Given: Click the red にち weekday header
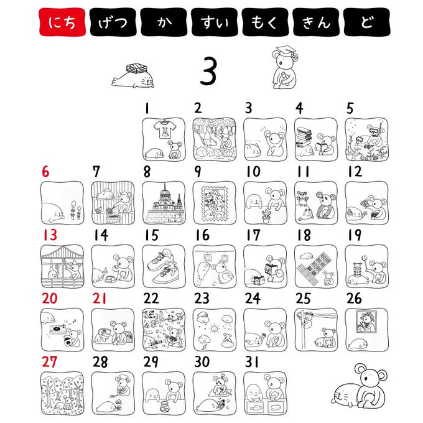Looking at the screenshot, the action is tap(62, 22).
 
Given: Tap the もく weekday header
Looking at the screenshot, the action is tap(265, 22).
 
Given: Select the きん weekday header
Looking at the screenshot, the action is tap(316, 22).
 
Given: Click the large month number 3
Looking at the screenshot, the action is tap(208, 71).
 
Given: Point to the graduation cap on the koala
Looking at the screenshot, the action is tap(286, 50).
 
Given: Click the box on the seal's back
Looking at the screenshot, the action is tap(137, 68).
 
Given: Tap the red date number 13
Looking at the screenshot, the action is tap(50, 235).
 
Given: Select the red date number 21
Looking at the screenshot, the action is tap(100, 299).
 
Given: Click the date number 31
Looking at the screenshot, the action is tap(252, 362).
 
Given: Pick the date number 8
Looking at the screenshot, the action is tap(147, 172).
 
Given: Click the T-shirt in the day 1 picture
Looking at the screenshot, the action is tap(165, 129).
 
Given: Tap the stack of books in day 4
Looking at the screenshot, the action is tap(303, 137).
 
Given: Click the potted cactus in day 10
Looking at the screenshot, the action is tap(266, 216).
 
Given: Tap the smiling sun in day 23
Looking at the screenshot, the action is tap(214, 329).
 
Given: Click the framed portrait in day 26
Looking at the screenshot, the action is tap(366, 322).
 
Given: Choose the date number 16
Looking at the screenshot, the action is tap(203, 235).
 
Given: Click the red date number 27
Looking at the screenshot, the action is tap(49, 362).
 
